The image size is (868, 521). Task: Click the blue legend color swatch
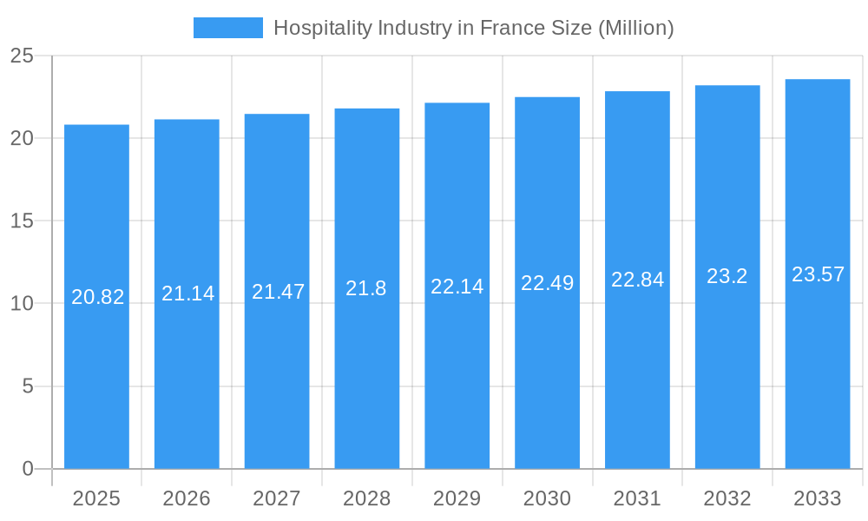click(227, 28)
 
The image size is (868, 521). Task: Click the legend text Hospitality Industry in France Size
click(473, 28)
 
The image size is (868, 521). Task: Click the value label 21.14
click(187, 293)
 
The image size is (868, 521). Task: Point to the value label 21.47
click(278, 292)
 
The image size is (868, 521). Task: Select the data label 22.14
click(457, 286)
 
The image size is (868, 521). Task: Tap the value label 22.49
click(547, 283)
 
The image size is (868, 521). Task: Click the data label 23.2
click(727, 276)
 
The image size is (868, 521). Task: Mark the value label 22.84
click(637, 280)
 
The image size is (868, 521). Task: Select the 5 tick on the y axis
click(28, 386)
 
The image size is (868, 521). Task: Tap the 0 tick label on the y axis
click(28, 469)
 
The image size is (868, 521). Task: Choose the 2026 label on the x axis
click(187, 498)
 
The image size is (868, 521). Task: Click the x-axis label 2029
click(457, 498)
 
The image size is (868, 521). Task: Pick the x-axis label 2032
click(727, 498)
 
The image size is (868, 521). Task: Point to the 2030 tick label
click(547, 498)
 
